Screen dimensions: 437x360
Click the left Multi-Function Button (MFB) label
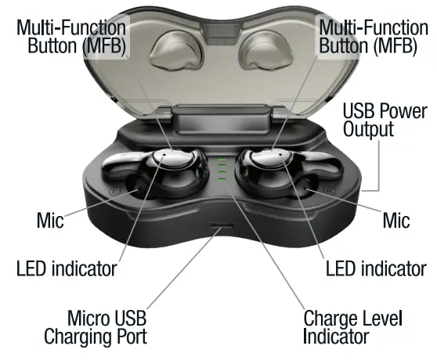pos(71,37)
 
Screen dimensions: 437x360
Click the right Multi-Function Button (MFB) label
pos(374,37)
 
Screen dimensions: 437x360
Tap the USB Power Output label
pos(385,120)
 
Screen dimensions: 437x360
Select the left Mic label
pos(50,220)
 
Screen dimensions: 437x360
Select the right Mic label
pos(396,220)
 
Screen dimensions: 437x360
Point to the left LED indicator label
pos(67,268)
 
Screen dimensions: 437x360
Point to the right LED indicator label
pos(376,268)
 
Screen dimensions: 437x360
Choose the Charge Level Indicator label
pos(352,327)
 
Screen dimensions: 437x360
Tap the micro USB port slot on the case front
pos(222,225)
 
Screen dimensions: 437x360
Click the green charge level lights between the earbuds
pos(222,169)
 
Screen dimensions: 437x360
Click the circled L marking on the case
pos(115,191)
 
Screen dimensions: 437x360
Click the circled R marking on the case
pos(329,190)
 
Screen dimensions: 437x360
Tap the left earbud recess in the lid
pos(176,51)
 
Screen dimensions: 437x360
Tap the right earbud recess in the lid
pos(265,51)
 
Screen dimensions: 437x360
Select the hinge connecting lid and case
pos(221,119)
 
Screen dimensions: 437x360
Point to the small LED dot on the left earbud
pos(164,154)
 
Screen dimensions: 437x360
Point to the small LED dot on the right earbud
pos(280,154)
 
